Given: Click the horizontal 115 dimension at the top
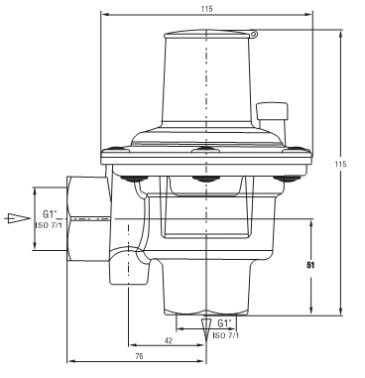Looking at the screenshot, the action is (206, 9).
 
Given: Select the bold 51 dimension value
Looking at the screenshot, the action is (310, 265).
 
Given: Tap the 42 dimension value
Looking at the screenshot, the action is (169, 340).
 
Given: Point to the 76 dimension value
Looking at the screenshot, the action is (139, 356).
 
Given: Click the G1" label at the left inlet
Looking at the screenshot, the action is (50, 214).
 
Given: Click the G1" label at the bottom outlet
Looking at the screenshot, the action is (224, 322).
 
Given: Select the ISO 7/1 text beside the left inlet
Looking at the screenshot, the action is (49, 225).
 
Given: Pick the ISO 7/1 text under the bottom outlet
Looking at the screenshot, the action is (226, 335).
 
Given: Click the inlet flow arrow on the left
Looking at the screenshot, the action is (18, 218).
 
